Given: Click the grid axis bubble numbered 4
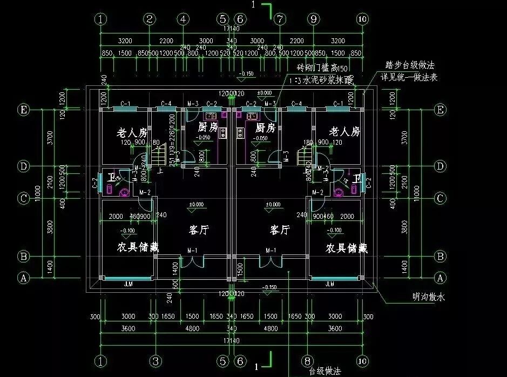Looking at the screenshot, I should click(x=184, y=19).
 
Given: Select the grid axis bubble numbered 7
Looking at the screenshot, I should click(x=279, y=19).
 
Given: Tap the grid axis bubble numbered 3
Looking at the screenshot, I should click(x=156, y=360).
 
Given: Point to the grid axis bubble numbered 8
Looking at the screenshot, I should click(x=307, y=360).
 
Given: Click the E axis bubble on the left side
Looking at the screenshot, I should click(x=23, y=110).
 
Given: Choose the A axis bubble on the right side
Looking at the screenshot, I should click(x=440, y=278).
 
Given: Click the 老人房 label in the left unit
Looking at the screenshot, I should click(x=132, y=132).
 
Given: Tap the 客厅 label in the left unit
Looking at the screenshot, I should click(x=199, y=230).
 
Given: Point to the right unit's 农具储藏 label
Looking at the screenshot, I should click(x=347, y=248).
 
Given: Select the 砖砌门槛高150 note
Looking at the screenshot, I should click(x=323, y=68).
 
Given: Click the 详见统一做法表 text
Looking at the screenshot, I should click(x=409, y=78).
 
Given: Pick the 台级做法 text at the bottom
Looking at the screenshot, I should click(x=325, y=372).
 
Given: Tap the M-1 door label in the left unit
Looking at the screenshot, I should click(x=192, y=250).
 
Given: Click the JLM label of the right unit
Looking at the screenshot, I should click(x=329, y=284).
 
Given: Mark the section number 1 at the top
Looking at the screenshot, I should click(x=253, y=4).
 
